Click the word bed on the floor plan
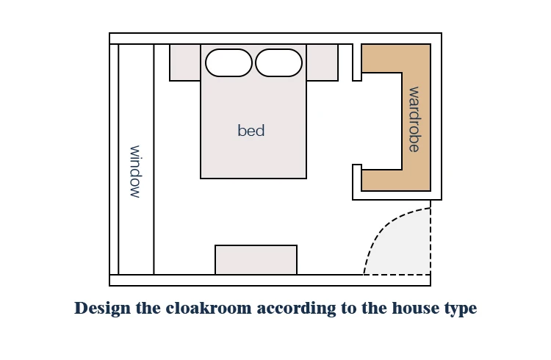pos(251,131)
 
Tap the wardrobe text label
pos(414,120)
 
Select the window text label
pos(135,172)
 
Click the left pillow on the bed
pos(228,63)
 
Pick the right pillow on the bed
pos(278,63)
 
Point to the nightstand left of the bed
pos(185,62)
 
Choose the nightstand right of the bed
pos(323,62)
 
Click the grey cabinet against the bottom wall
pos(256,260)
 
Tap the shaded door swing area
pos(404,246)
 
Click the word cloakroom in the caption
pos(209,309)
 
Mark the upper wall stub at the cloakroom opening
pos(357,62)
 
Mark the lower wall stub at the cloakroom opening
pos(357,178)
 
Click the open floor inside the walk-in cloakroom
pos(381,121)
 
